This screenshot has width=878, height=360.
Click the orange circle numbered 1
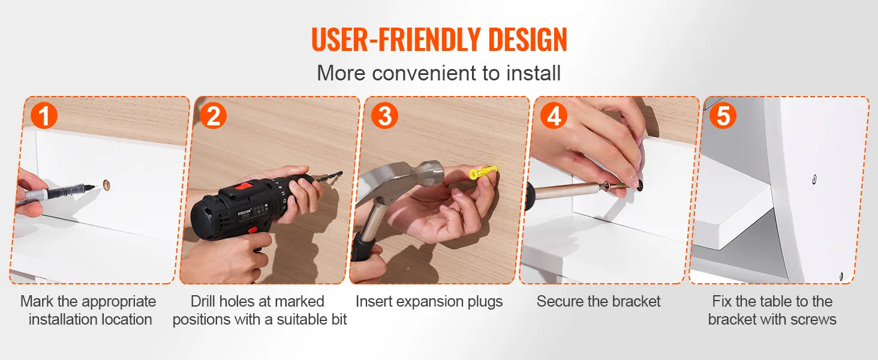tap(44, 116)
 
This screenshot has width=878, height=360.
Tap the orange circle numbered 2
tap(214, 116)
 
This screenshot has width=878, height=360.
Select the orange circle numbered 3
tap(384, 116)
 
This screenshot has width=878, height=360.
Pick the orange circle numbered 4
tap(554, 116)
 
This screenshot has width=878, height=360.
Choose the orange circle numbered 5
tap(723, 116)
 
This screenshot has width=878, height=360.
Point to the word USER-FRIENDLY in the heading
tap(396, 40)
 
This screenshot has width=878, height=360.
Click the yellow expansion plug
tap(483, 173)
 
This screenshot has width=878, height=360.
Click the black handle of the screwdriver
tap(530, 196)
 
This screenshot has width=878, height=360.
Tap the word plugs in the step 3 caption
tap(485, 302)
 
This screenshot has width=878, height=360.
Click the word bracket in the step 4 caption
tap(636, 302)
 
